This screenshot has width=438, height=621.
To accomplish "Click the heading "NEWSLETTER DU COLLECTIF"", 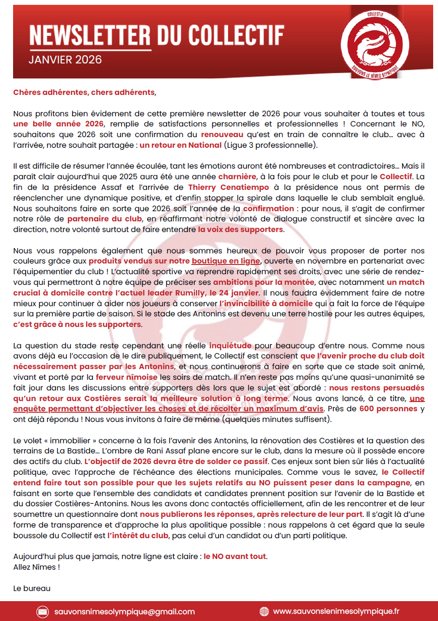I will tap(156, 35).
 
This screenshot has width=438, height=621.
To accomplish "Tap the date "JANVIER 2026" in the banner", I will tap(65, 60).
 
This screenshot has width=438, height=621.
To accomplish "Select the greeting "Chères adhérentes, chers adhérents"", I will tap(84, 92).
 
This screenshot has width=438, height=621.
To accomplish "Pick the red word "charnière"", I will tap(236, 176).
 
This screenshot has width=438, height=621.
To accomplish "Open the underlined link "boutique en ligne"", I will tap(226, 261).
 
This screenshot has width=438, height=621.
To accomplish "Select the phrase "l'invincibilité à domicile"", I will tap(266, 303).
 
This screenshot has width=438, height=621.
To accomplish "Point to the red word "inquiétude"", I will tap(230, 346).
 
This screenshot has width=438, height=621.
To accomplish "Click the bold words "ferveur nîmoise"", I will tap(126, 377).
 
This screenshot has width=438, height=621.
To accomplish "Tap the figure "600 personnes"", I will tap(388, 408).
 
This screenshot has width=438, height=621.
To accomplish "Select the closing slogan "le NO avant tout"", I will tap(235, 556).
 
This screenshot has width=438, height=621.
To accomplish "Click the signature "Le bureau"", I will tap(32, 589).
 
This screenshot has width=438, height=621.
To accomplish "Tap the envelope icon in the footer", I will tap(43, 611).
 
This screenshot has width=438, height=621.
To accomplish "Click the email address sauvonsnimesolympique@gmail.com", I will tap(125, 611).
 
